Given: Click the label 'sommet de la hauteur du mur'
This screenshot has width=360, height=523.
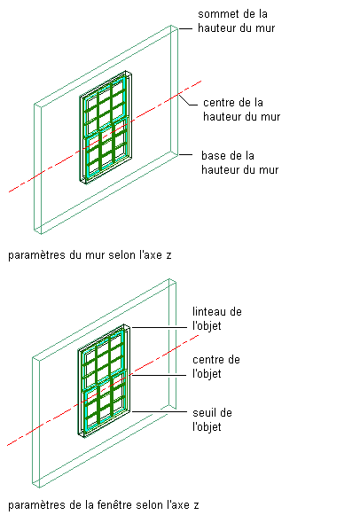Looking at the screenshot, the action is (236, 20).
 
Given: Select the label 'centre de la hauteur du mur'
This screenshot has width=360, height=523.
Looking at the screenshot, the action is (241, 109).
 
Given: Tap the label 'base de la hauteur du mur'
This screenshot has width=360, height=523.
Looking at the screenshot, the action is (239, 163).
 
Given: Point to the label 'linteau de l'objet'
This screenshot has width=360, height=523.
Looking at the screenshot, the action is (217, 319).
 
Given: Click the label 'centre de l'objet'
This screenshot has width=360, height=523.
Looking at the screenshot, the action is (216, 367).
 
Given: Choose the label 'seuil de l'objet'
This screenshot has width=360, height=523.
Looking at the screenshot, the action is (212, 419).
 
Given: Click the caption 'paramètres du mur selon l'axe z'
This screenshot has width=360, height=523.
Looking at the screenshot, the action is (90, 255).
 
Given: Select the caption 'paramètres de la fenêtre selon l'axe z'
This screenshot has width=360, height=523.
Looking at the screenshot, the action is (104, 505).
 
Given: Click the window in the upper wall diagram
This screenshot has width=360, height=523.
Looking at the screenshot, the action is (106, 127).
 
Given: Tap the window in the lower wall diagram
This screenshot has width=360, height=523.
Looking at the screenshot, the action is (104, 380).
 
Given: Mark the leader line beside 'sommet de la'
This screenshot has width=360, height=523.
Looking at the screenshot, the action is (185, 29).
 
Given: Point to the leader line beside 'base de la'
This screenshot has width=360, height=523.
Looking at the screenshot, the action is (185, 155).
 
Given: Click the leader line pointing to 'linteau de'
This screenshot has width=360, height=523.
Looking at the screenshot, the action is (159, 328).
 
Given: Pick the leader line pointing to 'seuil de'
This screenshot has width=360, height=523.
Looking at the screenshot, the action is (159, 411).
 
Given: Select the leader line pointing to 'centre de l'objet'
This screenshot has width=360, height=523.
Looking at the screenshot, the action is (159, 375).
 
